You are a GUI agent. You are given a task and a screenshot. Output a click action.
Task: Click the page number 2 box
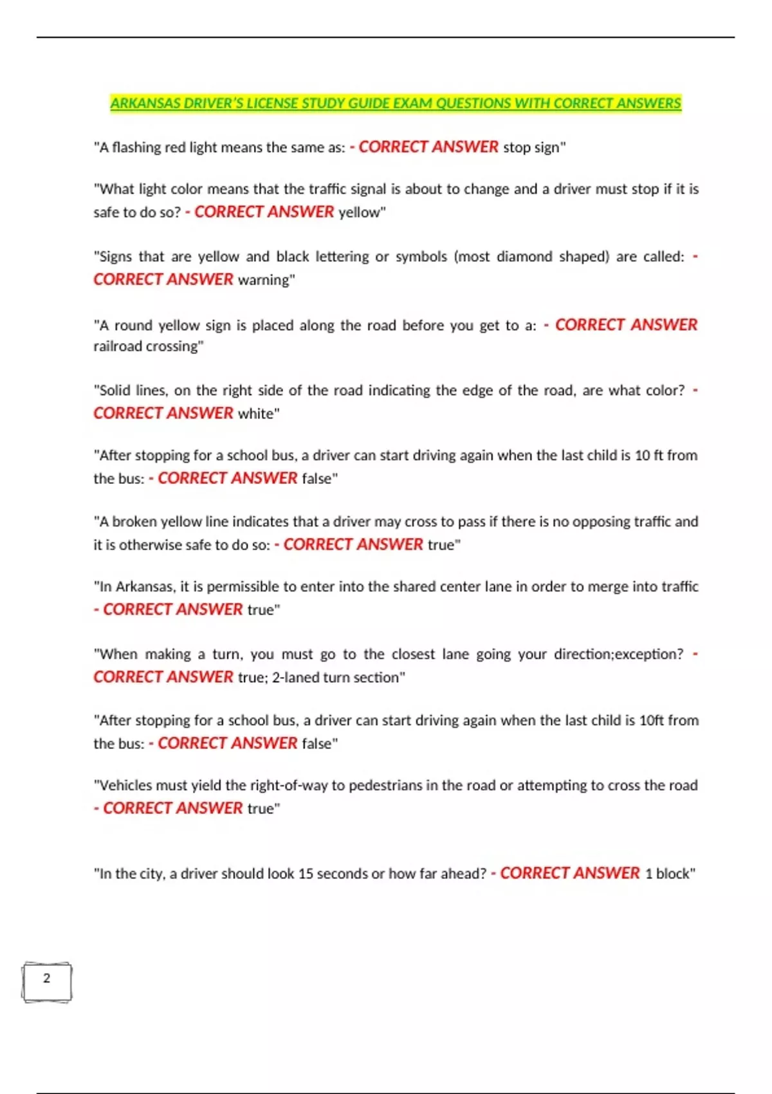(x=46, y=981)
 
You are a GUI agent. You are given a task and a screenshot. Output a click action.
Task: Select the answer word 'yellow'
(x=360, y=212)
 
